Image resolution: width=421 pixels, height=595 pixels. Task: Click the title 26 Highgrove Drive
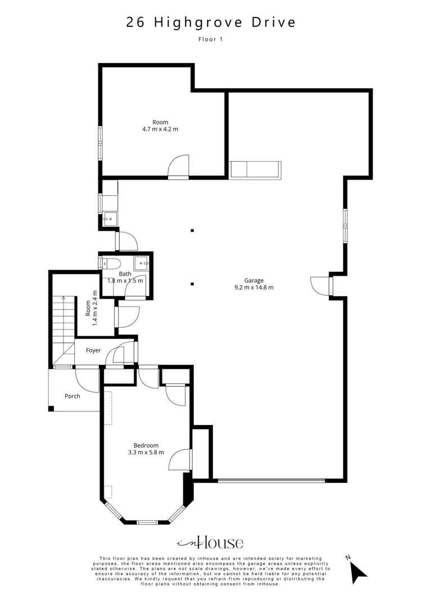coord(210,22)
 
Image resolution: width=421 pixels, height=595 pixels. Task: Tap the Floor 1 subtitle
coord(210,39)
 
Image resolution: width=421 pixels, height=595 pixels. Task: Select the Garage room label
coord(254,280)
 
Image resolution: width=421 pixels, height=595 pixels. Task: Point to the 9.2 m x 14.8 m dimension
coord(254,288)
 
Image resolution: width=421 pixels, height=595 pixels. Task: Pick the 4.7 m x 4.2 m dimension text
coord(160,130)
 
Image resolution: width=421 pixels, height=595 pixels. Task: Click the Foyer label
coord(93,351)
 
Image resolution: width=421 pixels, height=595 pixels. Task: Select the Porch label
coord(72,396)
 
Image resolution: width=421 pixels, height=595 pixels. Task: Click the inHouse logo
coord(210,542)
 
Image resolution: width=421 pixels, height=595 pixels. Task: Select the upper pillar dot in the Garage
coord(192,230)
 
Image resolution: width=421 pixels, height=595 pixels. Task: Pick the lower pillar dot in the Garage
coord(192,283)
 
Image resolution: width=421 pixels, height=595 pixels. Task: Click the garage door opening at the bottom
coord(271,480)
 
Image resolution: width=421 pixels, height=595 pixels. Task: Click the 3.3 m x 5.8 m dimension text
coord(146,452)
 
